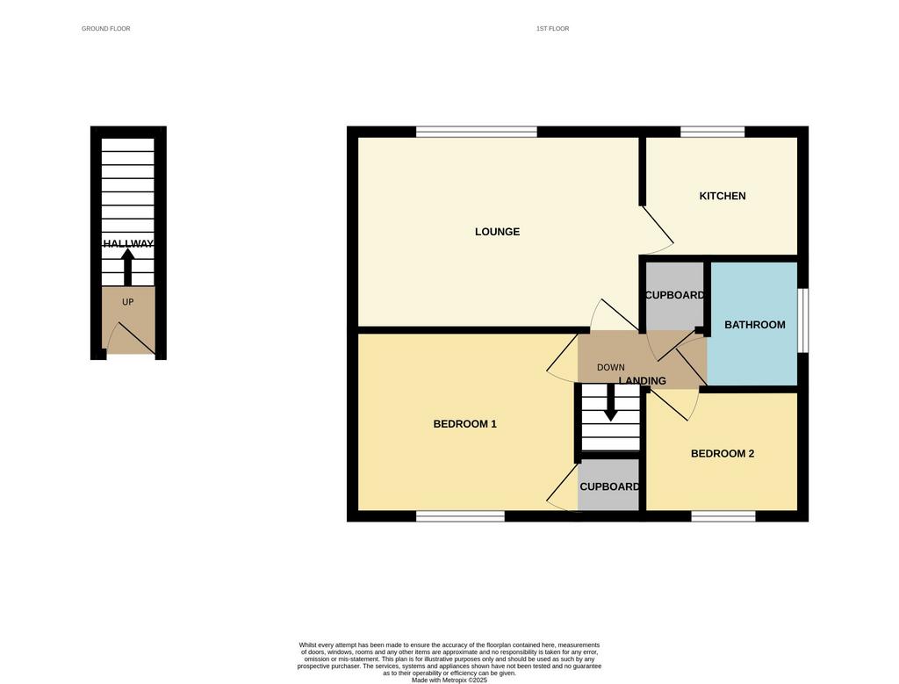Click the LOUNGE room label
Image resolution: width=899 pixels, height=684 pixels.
(x=497, y=232)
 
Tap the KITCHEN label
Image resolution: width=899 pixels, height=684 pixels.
(x=723, y=196)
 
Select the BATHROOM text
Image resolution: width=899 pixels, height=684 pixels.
(x=754, y=325)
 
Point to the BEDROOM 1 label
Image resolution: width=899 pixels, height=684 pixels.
(x=465, y=424)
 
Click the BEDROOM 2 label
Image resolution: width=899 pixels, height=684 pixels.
(x=723, y=454)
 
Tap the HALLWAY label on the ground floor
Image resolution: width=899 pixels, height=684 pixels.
(x=128, y=244)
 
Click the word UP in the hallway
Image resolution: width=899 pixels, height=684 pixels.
(x=128, y=302)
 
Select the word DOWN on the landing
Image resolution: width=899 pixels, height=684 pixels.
(x=611, y=368)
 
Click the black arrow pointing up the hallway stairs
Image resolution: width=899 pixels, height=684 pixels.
(x=128, y=267)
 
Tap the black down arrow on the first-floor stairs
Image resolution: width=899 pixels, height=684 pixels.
(x=611, y=403)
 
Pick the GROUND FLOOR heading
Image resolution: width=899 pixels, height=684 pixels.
(x=106, y=29)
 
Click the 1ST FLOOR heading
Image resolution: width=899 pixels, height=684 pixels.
(x=553, y=29)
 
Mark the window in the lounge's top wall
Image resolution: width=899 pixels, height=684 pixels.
(x=477, y=132)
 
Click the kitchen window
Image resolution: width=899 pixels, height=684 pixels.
(x=713, y=132)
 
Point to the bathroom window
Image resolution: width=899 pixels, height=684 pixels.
(x=803, y=320)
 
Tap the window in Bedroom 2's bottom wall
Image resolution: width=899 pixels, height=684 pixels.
(x=723, y=516)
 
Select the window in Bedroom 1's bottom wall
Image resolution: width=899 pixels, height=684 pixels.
(x=460, y=516)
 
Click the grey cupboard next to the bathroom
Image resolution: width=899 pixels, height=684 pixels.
(x=675, y=296)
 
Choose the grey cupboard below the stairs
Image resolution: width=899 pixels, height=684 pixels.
(x=608, y=485)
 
